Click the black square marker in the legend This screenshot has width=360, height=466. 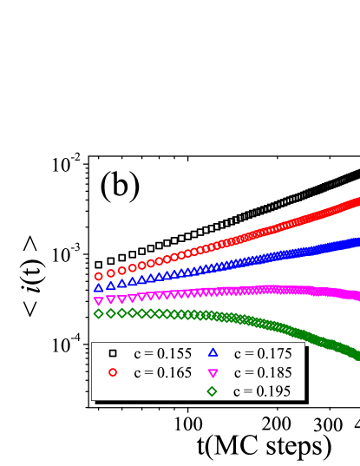click(x=113, y=353)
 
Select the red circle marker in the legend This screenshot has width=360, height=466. click(x=113, y=372)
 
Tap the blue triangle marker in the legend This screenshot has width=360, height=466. click(x=213, y=353)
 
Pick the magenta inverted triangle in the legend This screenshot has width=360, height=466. click(x=213, y=372)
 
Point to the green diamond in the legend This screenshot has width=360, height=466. click(x=213, y=391)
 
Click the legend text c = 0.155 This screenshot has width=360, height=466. click(x=162, y=353)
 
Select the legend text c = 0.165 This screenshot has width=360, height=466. click(x=162, y=372)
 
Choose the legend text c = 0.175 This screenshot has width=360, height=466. click(x=263, y=353)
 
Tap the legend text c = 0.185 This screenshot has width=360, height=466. click(x=263, y=372)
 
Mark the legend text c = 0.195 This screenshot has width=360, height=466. click(x=263, y=391)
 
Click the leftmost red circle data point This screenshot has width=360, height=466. click(x=98, y=276)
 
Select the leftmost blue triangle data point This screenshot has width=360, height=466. click(x=98, y=287)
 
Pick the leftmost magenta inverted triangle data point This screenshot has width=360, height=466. click(x=98, y=300)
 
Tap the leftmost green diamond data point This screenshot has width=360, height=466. click(x=98, y=313)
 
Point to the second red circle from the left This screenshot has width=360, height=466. click(x=110, y=272)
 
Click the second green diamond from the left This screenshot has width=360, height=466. click(x=110, y=313)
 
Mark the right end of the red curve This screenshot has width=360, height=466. click(x=357, y=202)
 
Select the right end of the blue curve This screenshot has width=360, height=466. click(x=357, y=241)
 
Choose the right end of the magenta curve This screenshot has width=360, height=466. click(x=357, y=296)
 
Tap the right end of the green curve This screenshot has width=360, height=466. click(x=357, y=355)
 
